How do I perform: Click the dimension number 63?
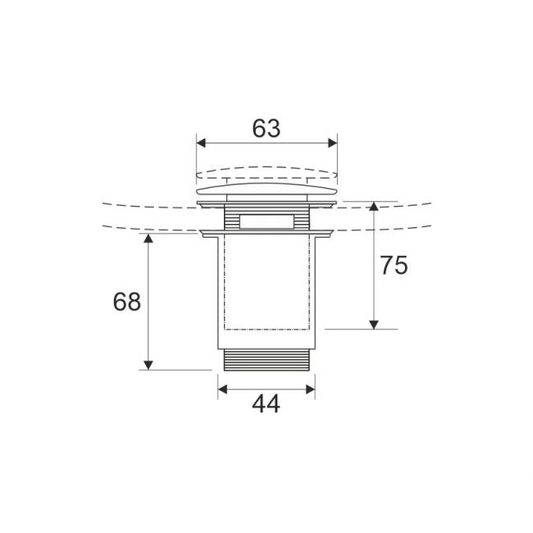click(266, 129)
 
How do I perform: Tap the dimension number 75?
click(394, 266)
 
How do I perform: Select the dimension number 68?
click(127, 302)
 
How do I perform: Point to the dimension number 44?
click(266, 403)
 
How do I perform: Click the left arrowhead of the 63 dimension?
click(201, 143)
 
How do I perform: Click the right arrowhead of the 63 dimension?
click(332, 143)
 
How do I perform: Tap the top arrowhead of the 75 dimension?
click(374, 207)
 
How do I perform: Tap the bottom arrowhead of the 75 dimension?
click(374, 325)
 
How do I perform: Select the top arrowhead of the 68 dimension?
click(148, 239)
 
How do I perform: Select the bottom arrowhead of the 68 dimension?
click(148, 365)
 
